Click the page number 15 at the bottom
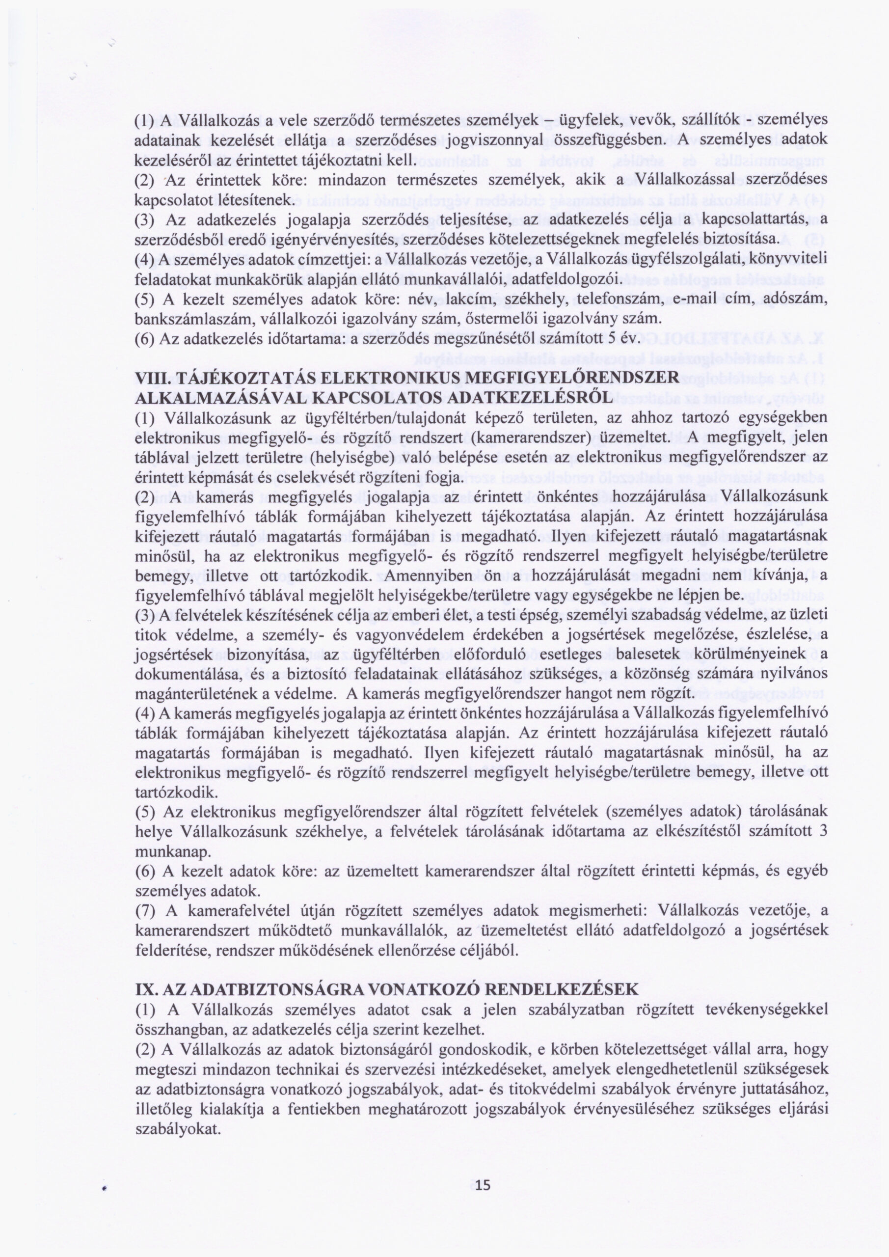pos(484,1181)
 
